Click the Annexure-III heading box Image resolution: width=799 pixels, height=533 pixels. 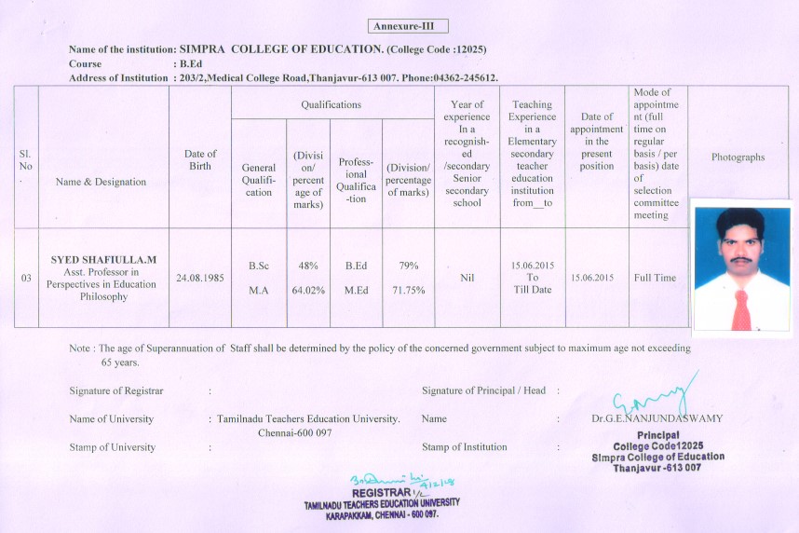(409, 26)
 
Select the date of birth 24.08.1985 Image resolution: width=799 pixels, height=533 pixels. (200, 278)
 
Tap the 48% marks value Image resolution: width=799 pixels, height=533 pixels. (307, 266)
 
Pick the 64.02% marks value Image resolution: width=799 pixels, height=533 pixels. (307, 290)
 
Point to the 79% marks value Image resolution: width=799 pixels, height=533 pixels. (408, 266)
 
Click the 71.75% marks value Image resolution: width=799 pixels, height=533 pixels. (408, 290)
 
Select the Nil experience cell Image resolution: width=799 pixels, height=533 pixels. (467, 278)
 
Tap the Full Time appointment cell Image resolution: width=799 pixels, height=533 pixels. (656, 278)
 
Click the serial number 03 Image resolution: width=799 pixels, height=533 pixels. (25, 278)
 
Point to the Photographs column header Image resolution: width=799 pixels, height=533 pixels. (738, 157)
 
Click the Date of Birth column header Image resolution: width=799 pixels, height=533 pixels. (200, 159)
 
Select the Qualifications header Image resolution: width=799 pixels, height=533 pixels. (331, 105)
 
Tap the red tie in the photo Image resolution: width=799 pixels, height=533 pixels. (741, 308)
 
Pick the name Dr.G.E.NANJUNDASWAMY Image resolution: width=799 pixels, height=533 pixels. (657, 419)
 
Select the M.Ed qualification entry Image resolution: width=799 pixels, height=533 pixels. (356, 290)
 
